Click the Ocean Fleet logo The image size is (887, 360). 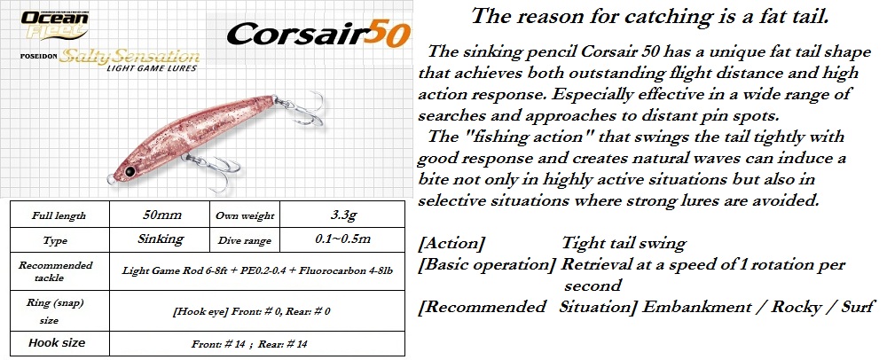coord(55,25)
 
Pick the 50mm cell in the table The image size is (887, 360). coord(160,215)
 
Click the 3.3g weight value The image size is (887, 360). coord(342,215)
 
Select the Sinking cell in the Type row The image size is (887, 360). coord(160,239)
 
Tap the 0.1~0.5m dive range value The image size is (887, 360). coord(342,239)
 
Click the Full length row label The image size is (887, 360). coord(59,215)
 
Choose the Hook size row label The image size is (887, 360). coord(57,342)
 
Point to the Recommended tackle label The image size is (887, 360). coord(55,271)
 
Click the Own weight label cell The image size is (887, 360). coord(245,215)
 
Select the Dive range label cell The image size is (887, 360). coord(245,240)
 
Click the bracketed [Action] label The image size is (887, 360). coord(451,243)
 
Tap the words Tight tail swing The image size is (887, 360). coord(624,243)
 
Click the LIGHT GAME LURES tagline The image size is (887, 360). coord(152,68)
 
